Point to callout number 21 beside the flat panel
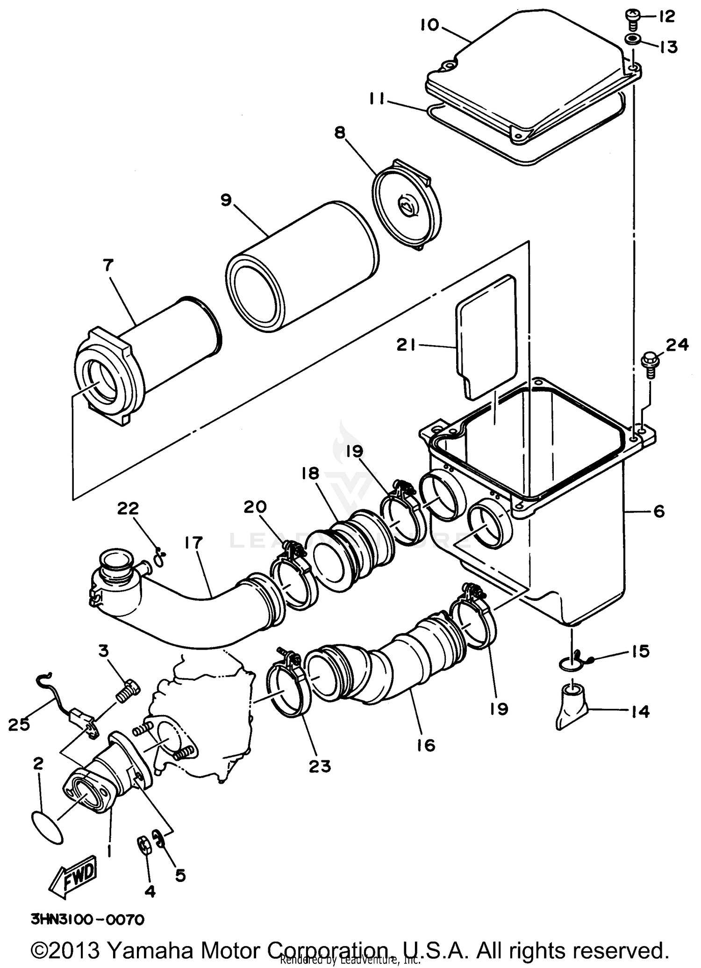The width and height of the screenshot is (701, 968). [x=407, y=345]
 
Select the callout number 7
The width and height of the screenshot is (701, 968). [x=107, y=266]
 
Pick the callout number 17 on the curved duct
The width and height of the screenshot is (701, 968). [x=193, y=543]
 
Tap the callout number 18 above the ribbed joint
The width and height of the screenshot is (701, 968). [x=310, y=473]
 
